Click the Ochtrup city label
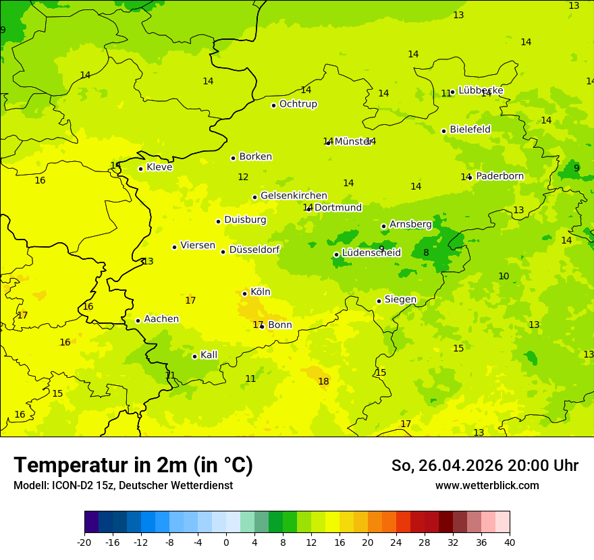pos(298,104)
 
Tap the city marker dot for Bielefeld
pos(443,131)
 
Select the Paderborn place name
pos(500,176)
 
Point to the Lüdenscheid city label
pos(371,253)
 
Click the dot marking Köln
pos(244,293)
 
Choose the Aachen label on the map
pos(161,319)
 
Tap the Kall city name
pos(209,355)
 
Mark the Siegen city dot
pos(379,301)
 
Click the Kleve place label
pos(159,167)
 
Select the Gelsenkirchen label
pos(294,196)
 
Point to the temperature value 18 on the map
pos(323,382)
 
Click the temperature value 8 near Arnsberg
pos(426,253)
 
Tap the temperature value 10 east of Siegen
pos(504,277)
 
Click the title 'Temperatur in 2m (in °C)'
pos(133,465)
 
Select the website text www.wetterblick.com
pos(487,486)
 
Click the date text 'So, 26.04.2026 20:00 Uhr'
pos(485,466)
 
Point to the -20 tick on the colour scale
pos(84,542)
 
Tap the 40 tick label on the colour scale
pos(510,542)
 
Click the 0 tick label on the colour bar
pos(226,542)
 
